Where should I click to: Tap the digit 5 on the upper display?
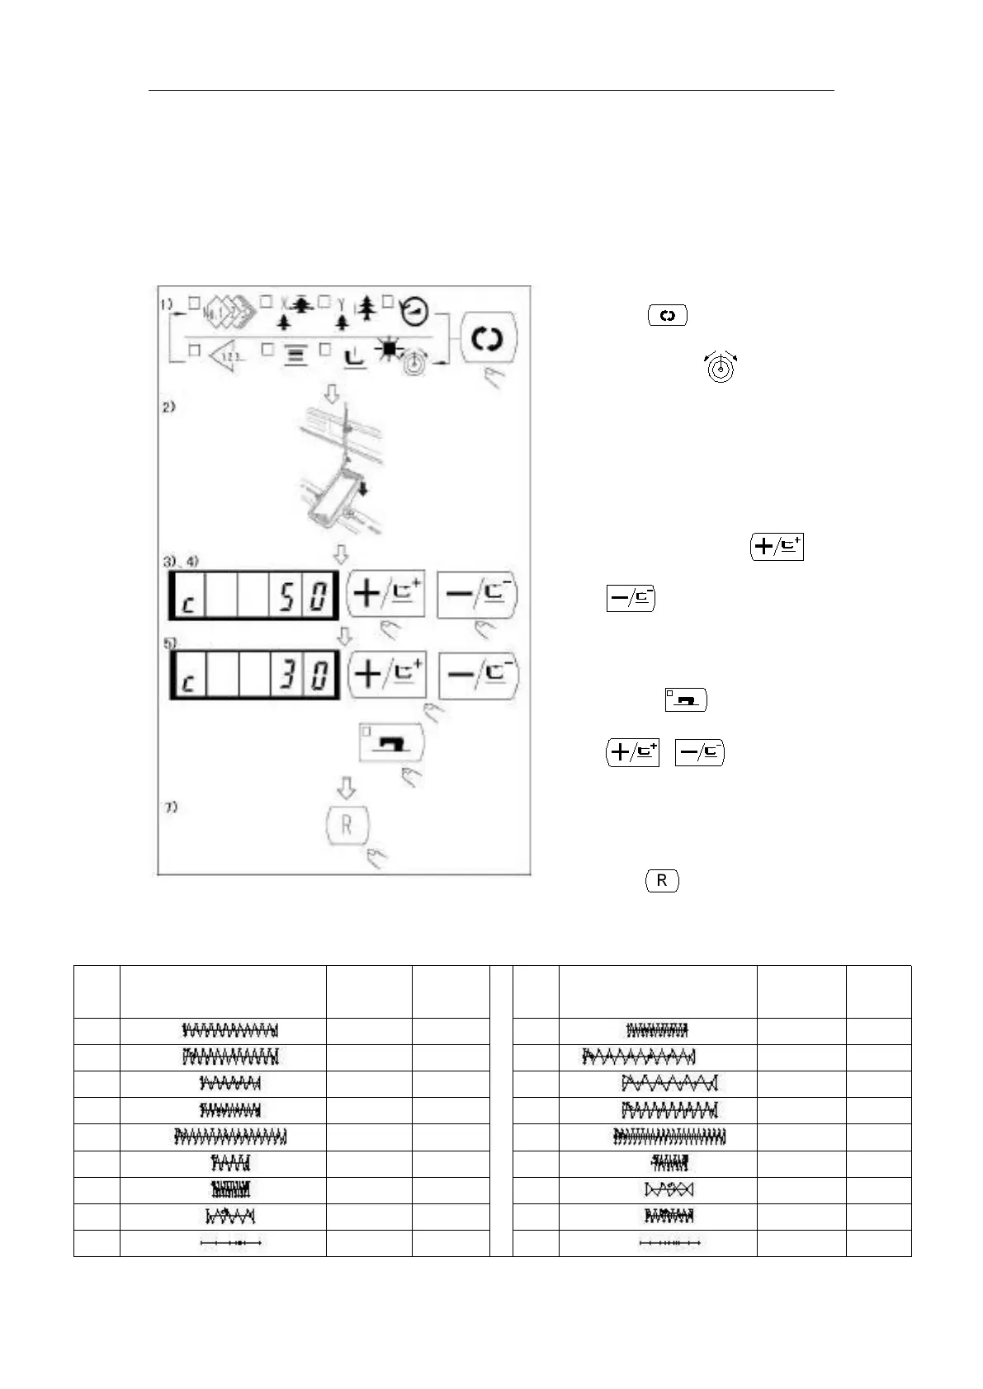click(286, 596)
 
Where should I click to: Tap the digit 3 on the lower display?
click(286, 675)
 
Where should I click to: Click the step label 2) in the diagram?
click(168, 407)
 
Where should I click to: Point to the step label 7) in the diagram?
click(170, 807)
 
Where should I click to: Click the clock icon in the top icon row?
click(414, 310)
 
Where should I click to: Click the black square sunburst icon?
click(386, 351)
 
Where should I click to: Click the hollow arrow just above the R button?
click(347, 787)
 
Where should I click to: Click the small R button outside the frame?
click(661, 881)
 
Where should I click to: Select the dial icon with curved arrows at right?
click(721, 368)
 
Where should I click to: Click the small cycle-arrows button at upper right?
click(668, 315)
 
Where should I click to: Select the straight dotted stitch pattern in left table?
click(232, 1242)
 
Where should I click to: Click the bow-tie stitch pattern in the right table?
click(669, 1189)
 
